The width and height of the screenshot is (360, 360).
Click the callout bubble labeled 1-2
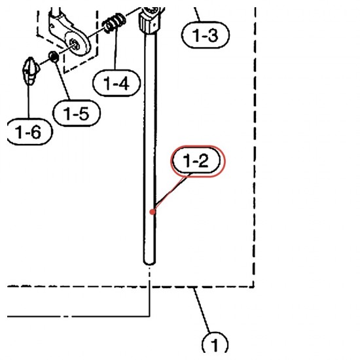196,160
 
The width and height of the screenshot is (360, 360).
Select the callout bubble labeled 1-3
206,35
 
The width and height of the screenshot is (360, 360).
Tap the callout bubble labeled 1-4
117,83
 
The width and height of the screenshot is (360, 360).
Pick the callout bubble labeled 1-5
77,113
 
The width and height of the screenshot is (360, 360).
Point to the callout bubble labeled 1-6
29,132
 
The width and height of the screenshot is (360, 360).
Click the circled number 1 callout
215,343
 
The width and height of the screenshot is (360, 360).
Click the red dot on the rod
153,212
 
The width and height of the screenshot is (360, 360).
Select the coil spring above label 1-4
114,22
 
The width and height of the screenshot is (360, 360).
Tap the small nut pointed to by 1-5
54,56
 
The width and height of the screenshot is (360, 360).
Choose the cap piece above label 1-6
30,71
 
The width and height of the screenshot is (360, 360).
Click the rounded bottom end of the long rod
149,262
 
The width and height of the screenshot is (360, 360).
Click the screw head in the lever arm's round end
75,45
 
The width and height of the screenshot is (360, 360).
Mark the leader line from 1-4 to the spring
116,48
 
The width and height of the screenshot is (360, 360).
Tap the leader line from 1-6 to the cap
29,101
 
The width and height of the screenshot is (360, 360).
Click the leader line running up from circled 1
202,310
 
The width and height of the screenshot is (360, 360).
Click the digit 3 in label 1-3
213,35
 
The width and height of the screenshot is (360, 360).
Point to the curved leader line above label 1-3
197,14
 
